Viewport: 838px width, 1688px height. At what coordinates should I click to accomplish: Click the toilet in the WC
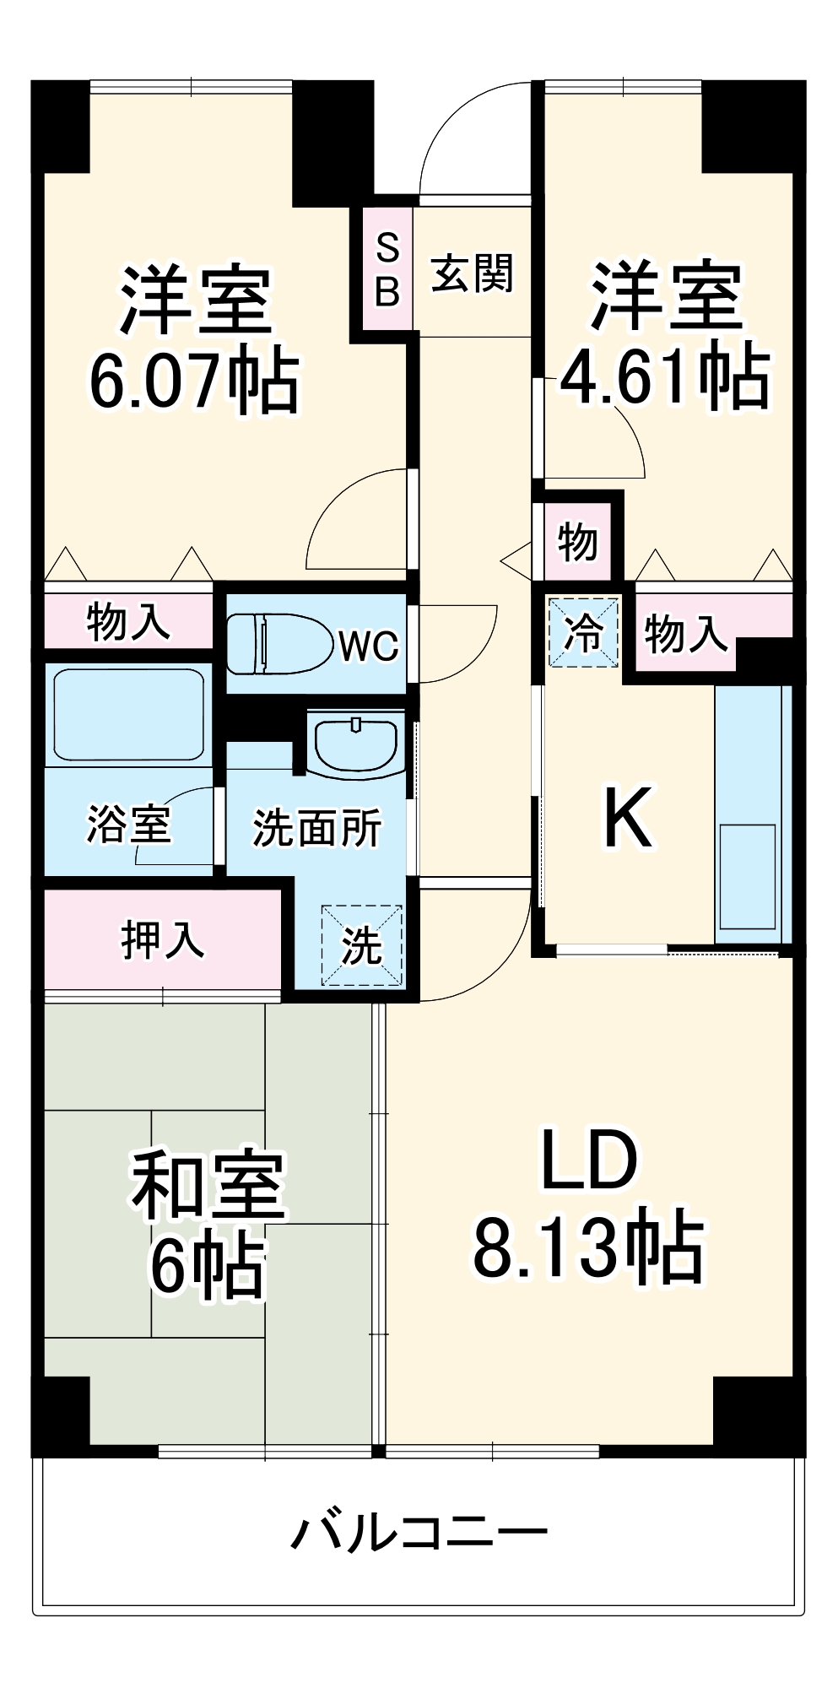tap(278, 644)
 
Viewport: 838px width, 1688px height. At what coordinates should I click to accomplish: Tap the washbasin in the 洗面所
tap(355, 743)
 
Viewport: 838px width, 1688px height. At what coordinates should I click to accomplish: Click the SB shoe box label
tap(387, 270)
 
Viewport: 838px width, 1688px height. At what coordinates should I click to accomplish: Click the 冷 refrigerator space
tap(582, 630)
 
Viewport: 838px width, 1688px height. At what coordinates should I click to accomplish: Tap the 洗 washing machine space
tap(361, 944)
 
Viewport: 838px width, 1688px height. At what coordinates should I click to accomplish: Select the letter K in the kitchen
tap(628, 817)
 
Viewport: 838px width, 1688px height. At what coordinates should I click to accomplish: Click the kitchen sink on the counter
tap(747, 876)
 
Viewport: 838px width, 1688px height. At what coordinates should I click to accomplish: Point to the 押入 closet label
tap(162, 939)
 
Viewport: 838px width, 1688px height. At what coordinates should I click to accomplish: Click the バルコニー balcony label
tap(419, 1531)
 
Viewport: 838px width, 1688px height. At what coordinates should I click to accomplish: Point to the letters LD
tap(588, 1160)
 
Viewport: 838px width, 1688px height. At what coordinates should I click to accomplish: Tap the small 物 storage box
tap(578, 541)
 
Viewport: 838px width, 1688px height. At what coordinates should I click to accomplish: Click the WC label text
tap(368, 647)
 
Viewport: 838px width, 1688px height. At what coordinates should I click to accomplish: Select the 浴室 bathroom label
tap(128, 824)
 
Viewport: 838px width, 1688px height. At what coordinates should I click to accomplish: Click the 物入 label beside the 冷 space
tap(685, 633)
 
